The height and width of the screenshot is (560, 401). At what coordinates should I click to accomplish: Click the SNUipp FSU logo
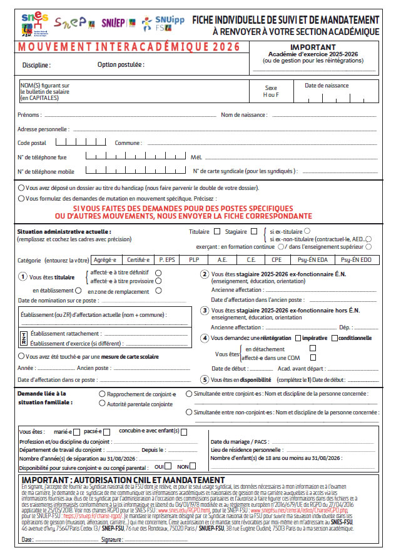point(163,24)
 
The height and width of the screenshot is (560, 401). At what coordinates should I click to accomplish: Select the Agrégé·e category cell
point(106,260)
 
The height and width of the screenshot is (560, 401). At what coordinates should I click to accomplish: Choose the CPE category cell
point(277,260)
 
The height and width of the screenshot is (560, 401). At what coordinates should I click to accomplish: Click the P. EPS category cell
point(168,260)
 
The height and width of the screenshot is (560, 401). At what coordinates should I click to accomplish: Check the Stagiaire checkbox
point(253,232)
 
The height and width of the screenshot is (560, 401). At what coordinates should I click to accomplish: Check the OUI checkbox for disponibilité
point(168,466)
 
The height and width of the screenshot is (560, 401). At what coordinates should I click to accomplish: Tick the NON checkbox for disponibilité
point(193,466)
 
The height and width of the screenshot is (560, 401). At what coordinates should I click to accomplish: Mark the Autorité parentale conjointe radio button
point(103,404)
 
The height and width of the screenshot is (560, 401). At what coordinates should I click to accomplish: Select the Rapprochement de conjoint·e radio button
point(103,394)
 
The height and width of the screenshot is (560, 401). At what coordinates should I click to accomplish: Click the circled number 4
point(204,337)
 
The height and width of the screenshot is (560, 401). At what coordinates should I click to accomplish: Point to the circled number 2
point(204,274)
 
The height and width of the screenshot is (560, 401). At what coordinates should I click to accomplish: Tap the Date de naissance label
point(327,86)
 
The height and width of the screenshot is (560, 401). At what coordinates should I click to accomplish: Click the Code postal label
point(32,143)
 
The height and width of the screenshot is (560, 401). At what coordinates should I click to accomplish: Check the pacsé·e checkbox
point(107,432)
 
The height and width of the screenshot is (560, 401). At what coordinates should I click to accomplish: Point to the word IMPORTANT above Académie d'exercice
point(312,47)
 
